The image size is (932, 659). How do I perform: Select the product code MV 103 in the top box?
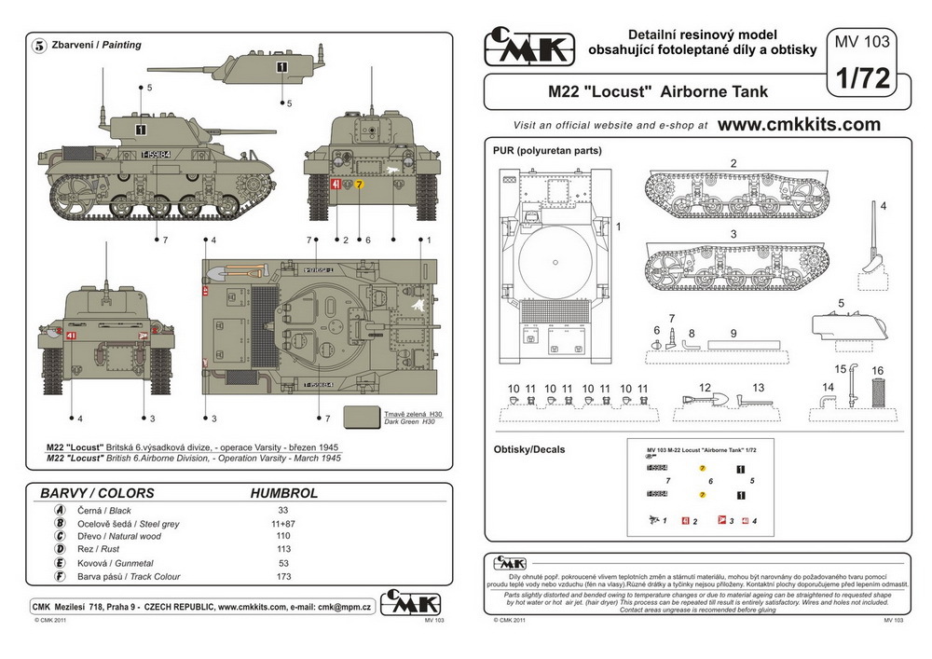[x=862, y=42]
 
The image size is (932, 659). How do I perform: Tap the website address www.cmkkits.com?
[x=799, y=124]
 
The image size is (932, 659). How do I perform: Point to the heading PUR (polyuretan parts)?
[x=547, y=150]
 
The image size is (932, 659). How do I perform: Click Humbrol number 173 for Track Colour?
[x=283, y=577]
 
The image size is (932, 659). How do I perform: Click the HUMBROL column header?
[x=284, y=493]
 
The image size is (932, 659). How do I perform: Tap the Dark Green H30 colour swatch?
[x=362, y=417]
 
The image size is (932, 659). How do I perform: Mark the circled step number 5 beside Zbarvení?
[x=40, y=45]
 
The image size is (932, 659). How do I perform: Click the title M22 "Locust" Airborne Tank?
[x=658, y=92]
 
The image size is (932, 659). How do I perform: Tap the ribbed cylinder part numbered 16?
[x=876, y=391]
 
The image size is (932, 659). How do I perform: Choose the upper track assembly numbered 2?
[x=736, y=194]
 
